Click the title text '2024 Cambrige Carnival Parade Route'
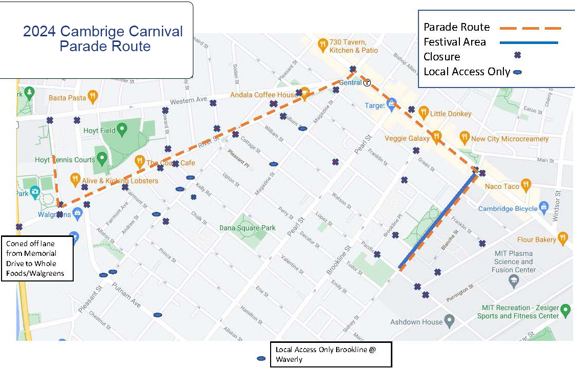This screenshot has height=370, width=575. pos(103,39)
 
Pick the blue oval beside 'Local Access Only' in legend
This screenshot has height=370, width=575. pos(517,73)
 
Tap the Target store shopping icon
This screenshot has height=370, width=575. pos(392,104)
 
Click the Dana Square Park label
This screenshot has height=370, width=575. pos(248,228)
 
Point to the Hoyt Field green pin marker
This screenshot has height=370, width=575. pos(122,129)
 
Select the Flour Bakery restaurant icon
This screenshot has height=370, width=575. pos(563,237)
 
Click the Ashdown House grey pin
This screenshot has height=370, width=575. pos(449,321)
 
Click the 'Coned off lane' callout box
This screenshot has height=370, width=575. pos(37,258)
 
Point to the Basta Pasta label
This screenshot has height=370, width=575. pos(68,97)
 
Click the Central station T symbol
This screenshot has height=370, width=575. pos(367,83)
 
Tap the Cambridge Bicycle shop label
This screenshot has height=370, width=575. pos(507,209)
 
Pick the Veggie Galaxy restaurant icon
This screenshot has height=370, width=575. pos(436,136)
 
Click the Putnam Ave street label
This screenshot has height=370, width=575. pos(126,294)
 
